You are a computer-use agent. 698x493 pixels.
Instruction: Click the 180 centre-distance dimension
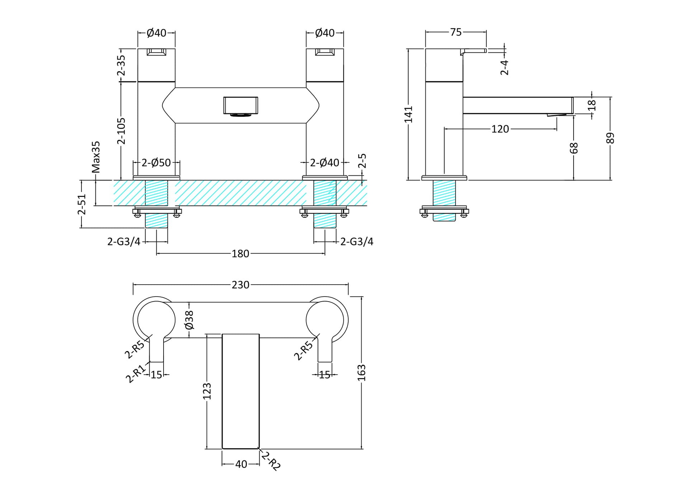[240, 254]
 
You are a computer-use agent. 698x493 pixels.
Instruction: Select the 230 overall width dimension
[240, 285]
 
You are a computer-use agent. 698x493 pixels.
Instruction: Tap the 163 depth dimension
[362, 373]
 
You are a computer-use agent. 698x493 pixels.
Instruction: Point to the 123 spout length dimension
[207, 392]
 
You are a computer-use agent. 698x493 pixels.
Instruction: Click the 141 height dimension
[409, 114]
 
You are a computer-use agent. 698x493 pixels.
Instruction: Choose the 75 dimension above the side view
[456, 32]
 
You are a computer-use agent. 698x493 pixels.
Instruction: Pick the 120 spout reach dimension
[500, 129]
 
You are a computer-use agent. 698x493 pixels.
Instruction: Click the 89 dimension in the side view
[610, 138]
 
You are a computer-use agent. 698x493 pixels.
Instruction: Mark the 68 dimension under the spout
[574, 148]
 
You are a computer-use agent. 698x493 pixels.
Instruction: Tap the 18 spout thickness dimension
[592, 105]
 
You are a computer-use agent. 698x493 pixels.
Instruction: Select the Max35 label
[96, 157]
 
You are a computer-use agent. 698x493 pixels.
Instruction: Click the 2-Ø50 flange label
[156, 163]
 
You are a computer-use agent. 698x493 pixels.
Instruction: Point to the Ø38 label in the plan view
[189, 320]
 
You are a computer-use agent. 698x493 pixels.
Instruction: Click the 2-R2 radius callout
[271, 461]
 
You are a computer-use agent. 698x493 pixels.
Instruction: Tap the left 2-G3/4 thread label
[124, 242]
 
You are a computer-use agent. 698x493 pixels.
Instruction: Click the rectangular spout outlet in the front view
[241, 106]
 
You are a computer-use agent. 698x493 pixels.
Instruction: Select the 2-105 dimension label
[121, 131]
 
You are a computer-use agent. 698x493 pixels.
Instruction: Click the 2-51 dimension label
[82, 204]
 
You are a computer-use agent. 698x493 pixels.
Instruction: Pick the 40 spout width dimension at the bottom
[241, 464]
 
